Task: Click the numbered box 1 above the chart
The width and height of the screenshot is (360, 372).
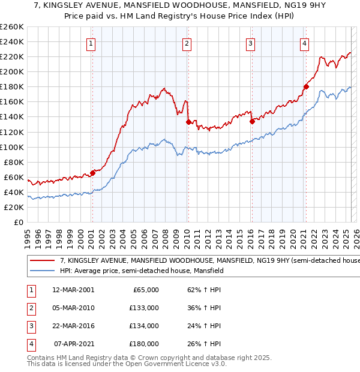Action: pos(91,43)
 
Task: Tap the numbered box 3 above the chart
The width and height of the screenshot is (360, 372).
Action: pos(250,43)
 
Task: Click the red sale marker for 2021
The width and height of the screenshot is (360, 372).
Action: pos(306,86)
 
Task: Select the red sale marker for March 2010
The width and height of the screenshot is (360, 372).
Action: pos(188,122)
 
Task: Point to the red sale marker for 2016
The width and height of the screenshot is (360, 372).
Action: pos(251,121)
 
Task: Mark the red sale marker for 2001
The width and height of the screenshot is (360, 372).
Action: pos(92,173)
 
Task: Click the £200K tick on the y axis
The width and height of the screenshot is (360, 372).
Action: pos(12,71)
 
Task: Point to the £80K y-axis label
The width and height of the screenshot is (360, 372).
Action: pos(13,162)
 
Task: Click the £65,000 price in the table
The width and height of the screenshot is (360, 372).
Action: pos(145,290)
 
